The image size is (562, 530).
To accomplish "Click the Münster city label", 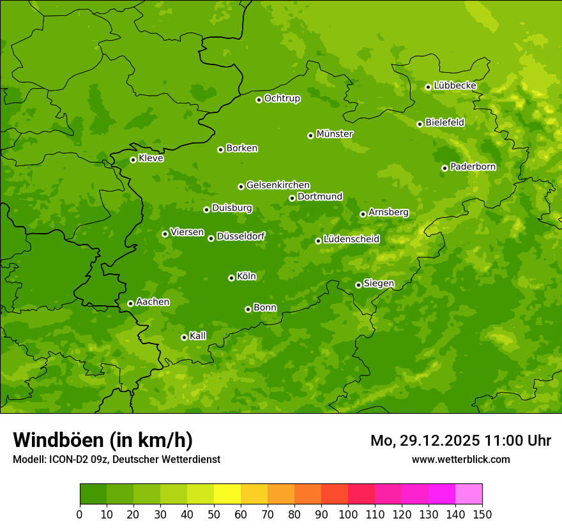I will click(x=335, y=134).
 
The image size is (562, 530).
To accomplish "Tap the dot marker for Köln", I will click(x=231, y=278).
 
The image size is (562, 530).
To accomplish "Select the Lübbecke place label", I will click(x=455, y=86).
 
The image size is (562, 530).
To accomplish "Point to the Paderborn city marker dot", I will click(x=444, y=168).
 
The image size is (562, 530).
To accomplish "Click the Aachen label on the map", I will click(x=153, y=302).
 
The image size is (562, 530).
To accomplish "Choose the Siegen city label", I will click(x=379, y=284).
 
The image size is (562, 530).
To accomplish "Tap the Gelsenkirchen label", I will click(x=278, y=185).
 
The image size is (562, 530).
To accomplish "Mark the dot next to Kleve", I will click(x=133, y=160).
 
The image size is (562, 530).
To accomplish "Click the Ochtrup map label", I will click(x=282, y=98).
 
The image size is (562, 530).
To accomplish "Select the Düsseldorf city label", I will click(x=241, y=236).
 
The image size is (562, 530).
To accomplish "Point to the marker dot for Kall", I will click(x=184, y=337).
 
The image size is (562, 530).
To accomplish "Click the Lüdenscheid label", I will click(x=351, y=239).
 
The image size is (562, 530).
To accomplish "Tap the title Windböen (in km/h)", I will click(x=103, y=440).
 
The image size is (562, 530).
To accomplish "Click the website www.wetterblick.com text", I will click(x=460, y=459).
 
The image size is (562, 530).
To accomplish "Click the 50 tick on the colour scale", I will click(x=214, y=515).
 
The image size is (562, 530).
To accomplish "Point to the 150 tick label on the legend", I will click(x=482, y=515).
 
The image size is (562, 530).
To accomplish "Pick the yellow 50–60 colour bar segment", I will click(x=227, y=494).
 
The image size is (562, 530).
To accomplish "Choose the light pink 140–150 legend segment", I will click(x=469, y=494).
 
